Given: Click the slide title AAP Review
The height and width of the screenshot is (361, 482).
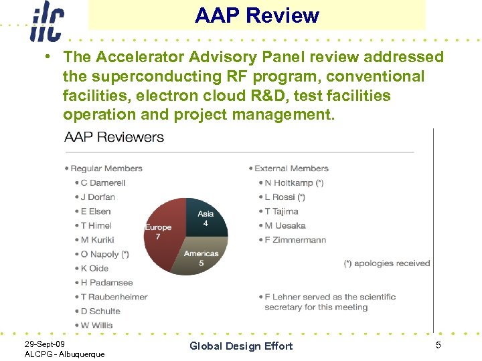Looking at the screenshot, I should [257, 15].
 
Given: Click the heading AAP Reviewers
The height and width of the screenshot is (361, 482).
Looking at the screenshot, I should [114, 137].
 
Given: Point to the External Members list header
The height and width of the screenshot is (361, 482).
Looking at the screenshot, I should [291, 168].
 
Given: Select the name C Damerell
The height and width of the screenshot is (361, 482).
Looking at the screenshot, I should [103, 183].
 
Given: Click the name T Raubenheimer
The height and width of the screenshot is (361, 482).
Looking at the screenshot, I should [114, 297].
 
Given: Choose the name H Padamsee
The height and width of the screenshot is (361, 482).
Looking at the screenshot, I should [106, 283].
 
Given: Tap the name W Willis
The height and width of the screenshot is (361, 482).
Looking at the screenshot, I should [96, 325].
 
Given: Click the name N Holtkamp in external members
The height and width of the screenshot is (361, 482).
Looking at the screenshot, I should [294, 183].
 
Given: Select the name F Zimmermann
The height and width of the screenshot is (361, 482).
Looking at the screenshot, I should [295, 240].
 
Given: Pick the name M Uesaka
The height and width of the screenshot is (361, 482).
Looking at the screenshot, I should [285, 225].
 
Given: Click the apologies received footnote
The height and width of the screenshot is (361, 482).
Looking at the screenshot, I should [386, 263].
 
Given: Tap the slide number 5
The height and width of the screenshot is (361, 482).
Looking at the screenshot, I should [438, 345].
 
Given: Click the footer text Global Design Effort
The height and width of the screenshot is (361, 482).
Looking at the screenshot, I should [241, 346].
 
